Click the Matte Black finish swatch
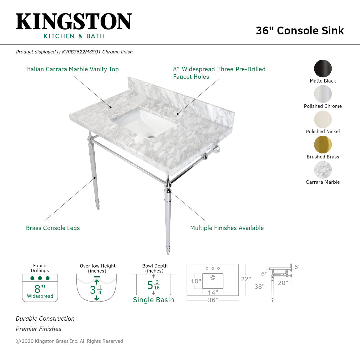323,68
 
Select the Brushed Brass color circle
323,145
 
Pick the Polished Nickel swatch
323,119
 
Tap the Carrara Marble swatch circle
323,170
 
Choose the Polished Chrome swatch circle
323,94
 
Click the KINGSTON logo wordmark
74,22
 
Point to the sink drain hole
152,137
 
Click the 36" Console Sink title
299,31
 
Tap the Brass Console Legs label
53,228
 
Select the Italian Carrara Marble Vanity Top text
72,69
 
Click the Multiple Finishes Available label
227,228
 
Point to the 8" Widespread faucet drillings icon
40,288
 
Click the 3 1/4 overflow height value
96,290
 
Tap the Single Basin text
153,300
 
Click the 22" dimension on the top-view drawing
246,279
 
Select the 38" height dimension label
259,287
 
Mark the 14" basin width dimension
213,292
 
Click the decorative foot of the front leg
168,249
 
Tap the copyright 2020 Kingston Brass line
69,341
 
